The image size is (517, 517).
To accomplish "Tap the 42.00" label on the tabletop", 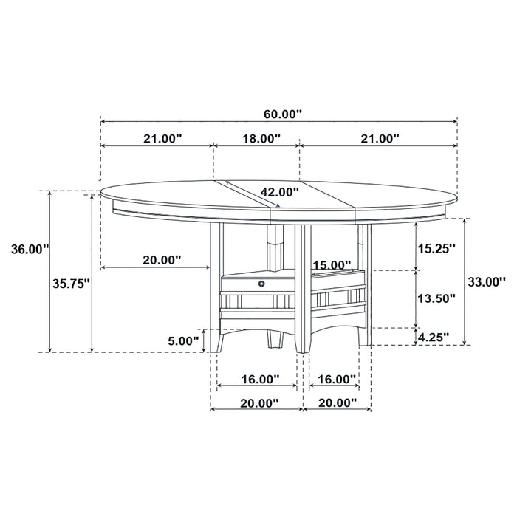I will click(x=279, y=192).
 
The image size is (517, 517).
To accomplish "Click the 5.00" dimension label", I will click(x=183, y=340).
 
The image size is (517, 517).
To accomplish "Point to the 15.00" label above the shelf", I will click(x=331, y=264).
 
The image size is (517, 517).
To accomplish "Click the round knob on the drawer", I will click(x=260, y=283).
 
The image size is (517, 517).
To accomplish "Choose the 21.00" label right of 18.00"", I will click(x=380, y=138).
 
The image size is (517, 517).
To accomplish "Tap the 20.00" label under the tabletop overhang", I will click(x=162, y=260).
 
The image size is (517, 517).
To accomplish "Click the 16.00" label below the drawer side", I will click(x=260, y=379).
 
